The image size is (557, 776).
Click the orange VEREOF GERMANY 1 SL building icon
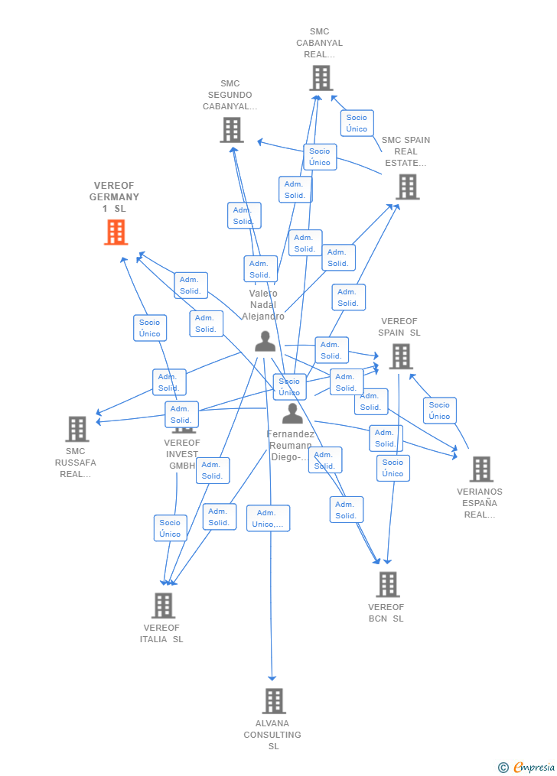[x=116, y=232]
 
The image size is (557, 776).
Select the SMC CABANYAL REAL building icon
[x=321, y=78]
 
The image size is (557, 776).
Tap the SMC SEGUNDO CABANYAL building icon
[x=232, y=130]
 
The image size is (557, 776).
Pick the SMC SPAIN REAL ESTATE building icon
[x=407, y=187]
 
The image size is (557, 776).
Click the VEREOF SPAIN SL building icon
[x=401, y=356]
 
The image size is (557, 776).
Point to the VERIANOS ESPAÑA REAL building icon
[x=481, y=469]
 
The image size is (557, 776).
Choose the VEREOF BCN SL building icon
[x=387, y=584]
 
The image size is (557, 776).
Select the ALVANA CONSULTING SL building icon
[x=274, y=700]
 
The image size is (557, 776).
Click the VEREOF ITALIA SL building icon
[x=163, y=606]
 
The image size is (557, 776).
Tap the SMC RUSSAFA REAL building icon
[x=77, y=429]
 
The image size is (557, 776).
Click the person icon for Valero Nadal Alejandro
[x=265, y=341]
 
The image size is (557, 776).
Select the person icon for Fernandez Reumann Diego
[x=292, y=414]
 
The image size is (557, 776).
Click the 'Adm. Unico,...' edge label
[x=269, y=518]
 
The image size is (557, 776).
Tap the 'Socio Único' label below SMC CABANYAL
[x=357, y=123]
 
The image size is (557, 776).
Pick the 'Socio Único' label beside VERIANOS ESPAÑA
[x=439, y=411]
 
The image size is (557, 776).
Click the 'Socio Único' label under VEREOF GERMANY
[x=150, y=328]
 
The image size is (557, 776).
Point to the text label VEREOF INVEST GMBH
[x=182, y=454]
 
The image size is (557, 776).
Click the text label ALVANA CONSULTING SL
[x=272, y=735]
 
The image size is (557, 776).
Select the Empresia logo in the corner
[x=526, y=767]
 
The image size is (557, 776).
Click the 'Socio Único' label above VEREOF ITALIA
[x=171, y=528]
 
